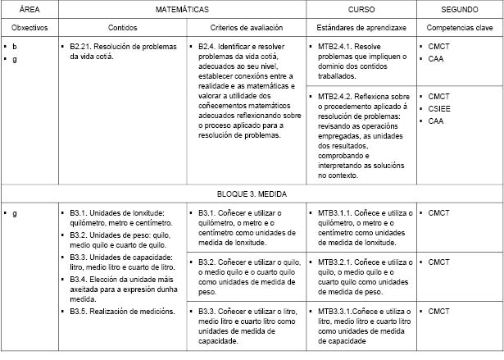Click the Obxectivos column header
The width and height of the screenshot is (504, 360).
[29, 28]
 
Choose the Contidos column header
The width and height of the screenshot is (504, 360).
[123, 28]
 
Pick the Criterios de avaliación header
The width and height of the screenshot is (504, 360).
[245, 28]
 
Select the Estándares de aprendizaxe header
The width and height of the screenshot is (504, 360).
[360, 28]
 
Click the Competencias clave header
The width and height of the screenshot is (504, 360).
[460, 28]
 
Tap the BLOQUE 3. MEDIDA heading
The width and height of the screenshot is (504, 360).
[252, 195]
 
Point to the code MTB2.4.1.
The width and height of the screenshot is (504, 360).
[337, 47]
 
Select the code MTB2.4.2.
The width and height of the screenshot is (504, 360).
[337, 96]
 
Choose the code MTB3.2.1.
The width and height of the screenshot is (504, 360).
[337, 262]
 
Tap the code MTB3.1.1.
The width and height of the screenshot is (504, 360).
[337, 213]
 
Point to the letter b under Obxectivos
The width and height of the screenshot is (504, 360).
[14, 47]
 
